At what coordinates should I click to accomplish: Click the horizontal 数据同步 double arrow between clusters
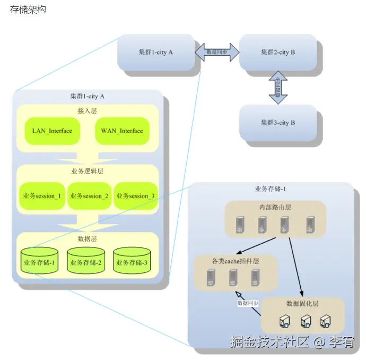(217, 52)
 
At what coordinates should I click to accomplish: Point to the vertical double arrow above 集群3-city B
(278, 87)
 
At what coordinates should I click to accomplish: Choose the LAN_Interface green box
(52, 131)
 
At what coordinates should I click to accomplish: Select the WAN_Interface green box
(121, 131)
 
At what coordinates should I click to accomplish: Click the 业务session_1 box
(42, 196)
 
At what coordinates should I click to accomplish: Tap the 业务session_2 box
(89, 196)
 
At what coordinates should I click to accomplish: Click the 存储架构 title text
(28, 10)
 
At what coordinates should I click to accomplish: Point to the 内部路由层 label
(275, 207)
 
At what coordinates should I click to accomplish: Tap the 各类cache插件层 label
(235, 261)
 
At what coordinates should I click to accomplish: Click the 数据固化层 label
(302, 303)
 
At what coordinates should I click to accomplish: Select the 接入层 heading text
(87, 111)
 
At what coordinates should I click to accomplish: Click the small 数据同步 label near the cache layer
(248, 303)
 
